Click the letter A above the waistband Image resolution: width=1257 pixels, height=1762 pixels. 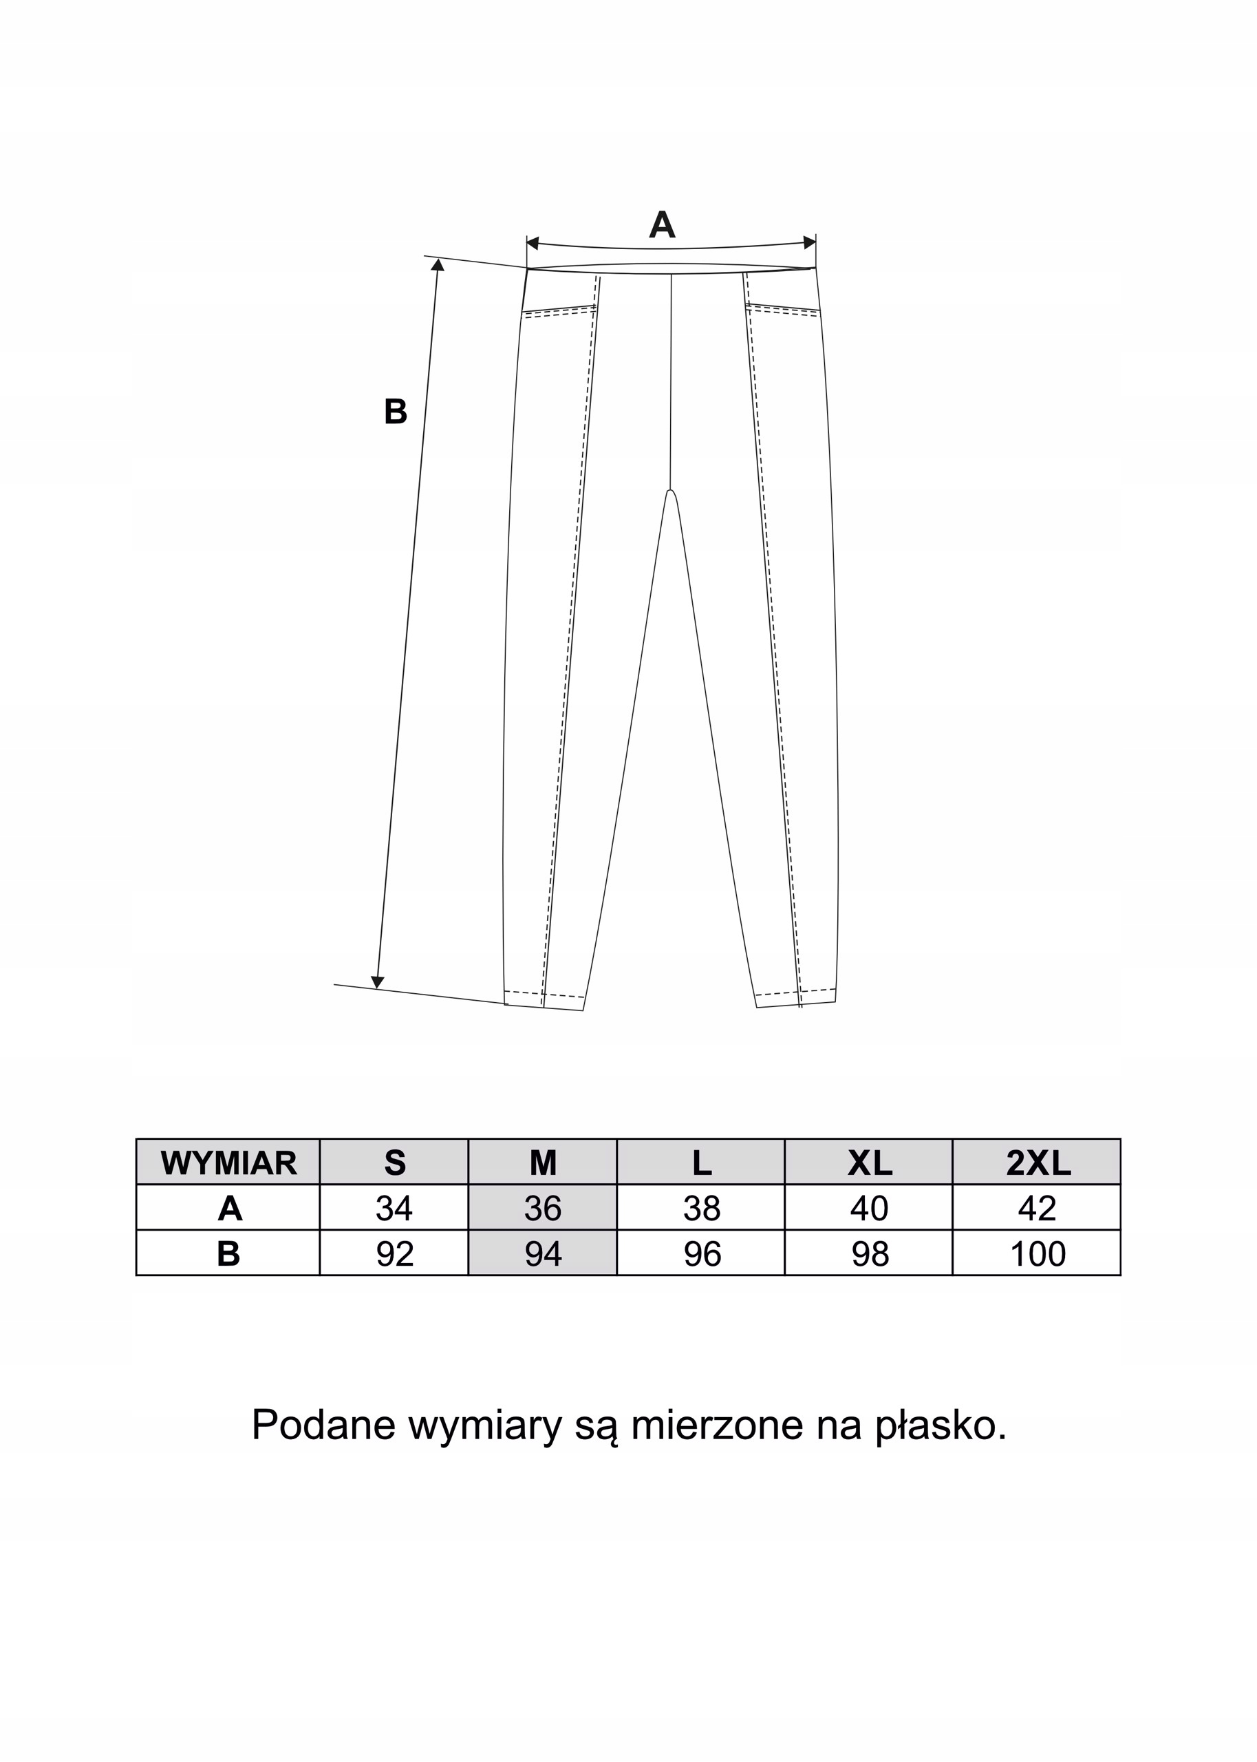[x=662, y=225]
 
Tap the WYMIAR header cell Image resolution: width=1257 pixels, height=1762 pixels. [x=228, y=1163]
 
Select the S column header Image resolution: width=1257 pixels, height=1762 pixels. [x=394, y=1163]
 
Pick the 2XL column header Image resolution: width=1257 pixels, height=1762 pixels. [x=1038, y=1163]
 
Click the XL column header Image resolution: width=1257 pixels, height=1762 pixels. [x=869, y=1163]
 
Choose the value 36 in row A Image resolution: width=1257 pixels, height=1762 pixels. [x=543, y=1209]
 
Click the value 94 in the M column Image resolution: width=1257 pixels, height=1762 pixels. [x=543, y=1254]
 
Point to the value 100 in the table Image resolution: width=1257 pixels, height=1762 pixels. [x=1038, y=1254]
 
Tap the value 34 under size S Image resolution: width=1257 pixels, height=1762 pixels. [x=394, y=1209]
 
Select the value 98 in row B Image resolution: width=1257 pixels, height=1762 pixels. [x=869, y=1254]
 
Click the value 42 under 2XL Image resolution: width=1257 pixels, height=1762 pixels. [x=1038, y=1209]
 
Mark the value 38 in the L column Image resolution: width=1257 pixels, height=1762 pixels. [x=701, y=1209]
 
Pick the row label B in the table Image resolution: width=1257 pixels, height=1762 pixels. [x=228, y=1254]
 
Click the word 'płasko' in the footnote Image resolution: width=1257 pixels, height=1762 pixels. [x=941, y=1425]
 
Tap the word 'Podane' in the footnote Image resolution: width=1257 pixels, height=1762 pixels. [x=323, y=1425]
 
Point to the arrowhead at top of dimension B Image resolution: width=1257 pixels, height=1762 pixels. [x=438, y=265]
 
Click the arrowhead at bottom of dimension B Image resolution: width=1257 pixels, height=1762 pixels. [x=378, y=982]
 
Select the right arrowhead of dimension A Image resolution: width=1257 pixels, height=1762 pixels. [x=810, y=242]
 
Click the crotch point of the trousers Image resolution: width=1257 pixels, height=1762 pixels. [x=670, y=491]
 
